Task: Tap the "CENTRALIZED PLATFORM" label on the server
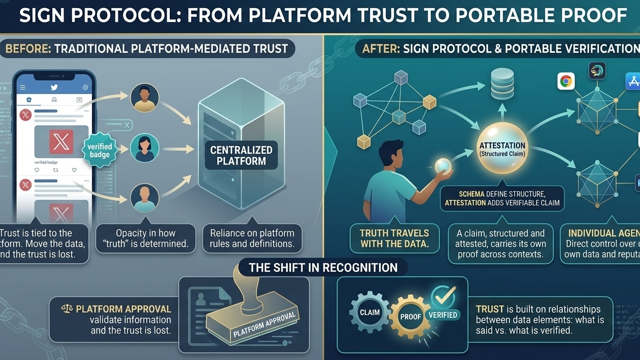pyautogui.click(x=241, y=156)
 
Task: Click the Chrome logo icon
pyautogui.click(x=566, y=81)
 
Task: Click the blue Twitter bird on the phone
pyautogui.click(x=54, y=87)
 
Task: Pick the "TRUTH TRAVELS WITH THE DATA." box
pyautogui.click(x=394, y=238)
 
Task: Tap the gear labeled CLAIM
pyautogui.click(x=370, y=312)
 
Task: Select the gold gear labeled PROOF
pyautogui.click(x=410, y=316)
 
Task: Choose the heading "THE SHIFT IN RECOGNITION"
pyautogui.click(x=323, y=267)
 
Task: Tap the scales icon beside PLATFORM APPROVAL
pyautogui.click(x=67, y=309)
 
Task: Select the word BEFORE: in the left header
pyautogui.click(x=27, y=49)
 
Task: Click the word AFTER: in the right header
pyautogui.click(x=379, y=49)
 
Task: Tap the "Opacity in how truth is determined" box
pyautogui.click(x=145, y=238)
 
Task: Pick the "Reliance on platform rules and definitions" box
pyautogui.click(x=252, y=238)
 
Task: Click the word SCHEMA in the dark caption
pyautogui.click(x=461, y=194)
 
